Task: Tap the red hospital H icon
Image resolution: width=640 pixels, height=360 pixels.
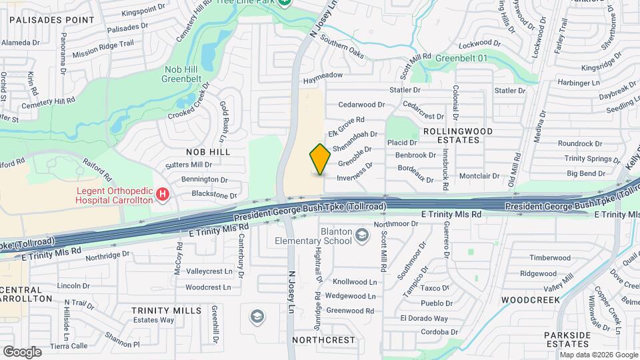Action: (x=162, y=195)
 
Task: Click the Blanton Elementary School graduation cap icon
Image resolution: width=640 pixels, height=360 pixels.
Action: (x=362, y=235)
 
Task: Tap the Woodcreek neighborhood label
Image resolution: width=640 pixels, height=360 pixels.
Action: (x=531, y=300)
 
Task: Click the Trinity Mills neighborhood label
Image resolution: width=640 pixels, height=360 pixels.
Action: (x=166, y=311)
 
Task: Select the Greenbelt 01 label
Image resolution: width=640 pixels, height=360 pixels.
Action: (x=462, y=59)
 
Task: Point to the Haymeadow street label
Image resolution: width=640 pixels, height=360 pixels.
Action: (x=323, y=78)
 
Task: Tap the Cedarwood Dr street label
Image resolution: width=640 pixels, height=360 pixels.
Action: (x=362, y=105)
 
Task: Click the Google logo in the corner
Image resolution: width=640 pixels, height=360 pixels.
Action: (x=22, y=351)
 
